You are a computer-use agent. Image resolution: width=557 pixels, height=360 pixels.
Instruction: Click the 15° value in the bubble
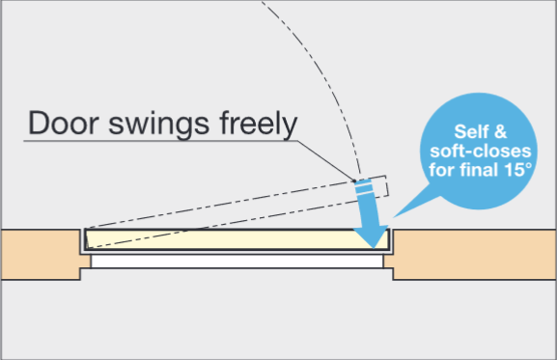(x=517, y=174)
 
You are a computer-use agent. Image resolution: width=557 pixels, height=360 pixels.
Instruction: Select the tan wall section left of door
(x=39, y=253)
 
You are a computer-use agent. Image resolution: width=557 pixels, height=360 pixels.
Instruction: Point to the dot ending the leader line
(x=355, y=179)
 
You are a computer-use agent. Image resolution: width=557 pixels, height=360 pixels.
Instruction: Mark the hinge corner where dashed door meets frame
(x=86, y=232)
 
